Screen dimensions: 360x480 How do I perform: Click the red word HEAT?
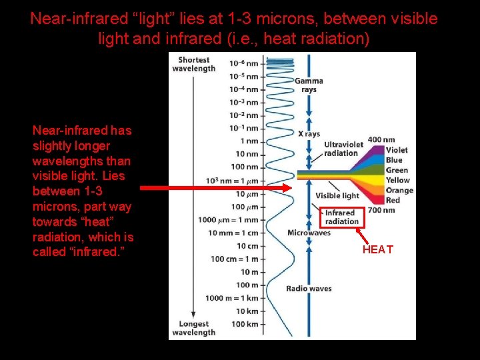click(x=378, y=250)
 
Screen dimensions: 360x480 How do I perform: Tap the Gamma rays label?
click(x=309, y=85)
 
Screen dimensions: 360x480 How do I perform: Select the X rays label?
click(x=309, y=134)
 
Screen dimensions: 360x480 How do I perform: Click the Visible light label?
click(x=337, y=195)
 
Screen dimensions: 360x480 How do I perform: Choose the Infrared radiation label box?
click(x=341, y=217)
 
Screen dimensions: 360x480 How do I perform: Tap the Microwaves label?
click(x=309, y=233)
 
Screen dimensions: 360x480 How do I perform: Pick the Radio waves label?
click(x=309, y=289)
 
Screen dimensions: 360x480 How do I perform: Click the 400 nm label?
click(x=381, y=140)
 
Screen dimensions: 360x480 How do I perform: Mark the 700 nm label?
click(x=381, y=210)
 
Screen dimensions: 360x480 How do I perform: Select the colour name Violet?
click(x=397, y=150)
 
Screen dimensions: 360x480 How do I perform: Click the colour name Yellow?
click(x=398, y=180)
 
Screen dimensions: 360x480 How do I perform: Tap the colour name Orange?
click(x=399, y=190)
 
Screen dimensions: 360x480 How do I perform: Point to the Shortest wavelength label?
click(x=194, y=64)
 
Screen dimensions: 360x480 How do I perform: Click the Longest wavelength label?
click(x=194, y=328)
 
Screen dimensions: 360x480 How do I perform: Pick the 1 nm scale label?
click(x=249, y=141)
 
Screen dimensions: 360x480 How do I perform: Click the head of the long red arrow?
click(x=288, y=188)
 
